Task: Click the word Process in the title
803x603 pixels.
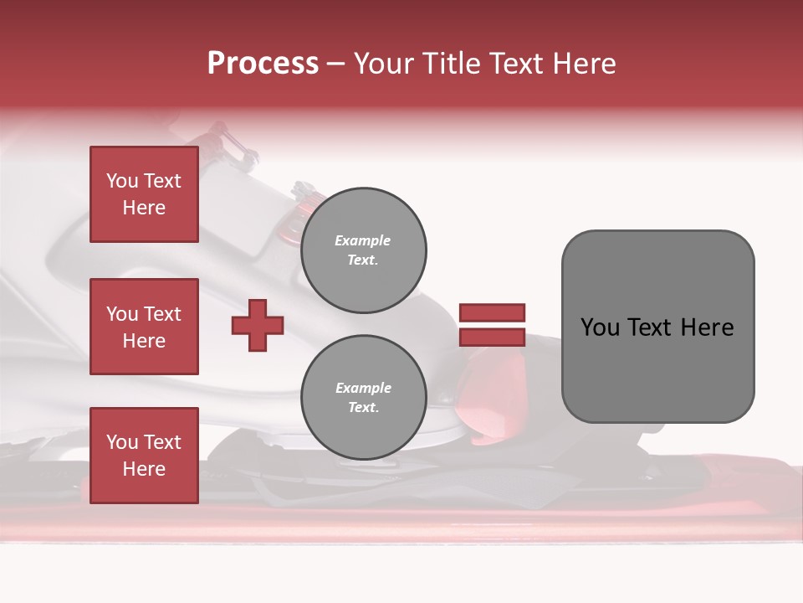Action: click(263, 64)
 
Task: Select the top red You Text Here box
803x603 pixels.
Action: click(144, 194)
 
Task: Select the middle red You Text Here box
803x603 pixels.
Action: click(144, 327)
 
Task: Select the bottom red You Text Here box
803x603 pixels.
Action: click(144, 456)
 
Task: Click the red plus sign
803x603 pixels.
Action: click(258, 325)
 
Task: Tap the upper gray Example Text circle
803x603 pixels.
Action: click(363, 250)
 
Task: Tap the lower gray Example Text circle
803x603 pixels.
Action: click(363, 398)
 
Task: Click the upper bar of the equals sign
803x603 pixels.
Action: click(492, 312)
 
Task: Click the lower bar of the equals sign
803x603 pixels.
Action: click(492, 337)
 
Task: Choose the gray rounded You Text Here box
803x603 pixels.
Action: click(657, 327)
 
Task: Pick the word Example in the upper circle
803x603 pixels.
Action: click(363, 240)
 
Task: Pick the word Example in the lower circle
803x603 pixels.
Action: click(363, 388)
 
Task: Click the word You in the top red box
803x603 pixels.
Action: click(121, 181)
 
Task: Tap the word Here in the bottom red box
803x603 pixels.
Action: click(144, 469)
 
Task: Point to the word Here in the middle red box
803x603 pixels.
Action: click(144, 341)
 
